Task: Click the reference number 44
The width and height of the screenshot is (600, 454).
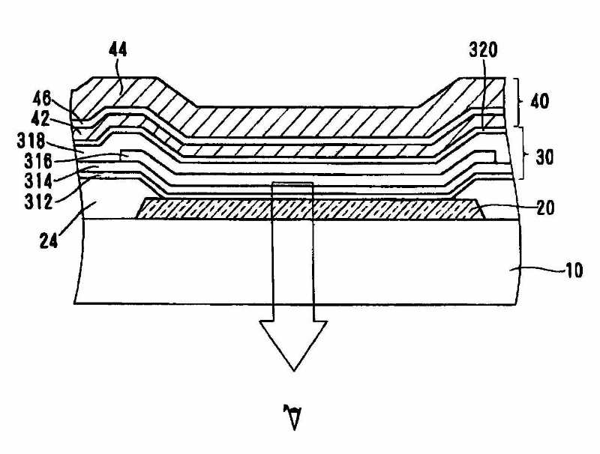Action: [118, 50]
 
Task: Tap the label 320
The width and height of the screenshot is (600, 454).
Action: [484, 51]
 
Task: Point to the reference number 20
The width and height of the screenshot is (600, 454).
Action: [545, 209]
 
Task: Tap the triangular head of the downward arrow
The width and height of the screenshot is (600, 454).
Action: [292, 341]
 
